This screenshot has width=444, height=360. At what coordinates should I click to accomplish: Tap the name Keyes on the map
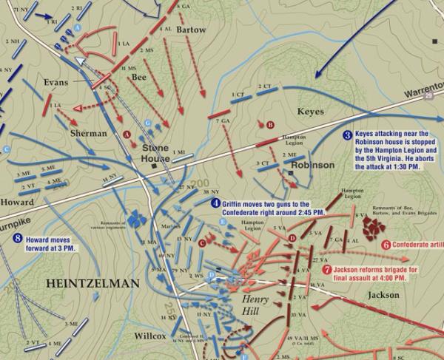[x=311, y=112]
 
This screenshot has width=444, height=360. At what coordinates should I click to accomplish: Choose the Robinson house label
[x=313, y=166]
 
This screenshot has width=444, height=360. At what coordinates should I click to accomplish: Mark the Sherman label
[x=88, y=133]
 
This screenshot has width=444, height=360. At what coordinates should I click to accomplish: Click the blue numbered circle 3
[x=348, y=135]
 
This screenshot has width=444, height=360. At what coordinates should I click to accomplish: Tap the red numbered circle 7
[x=327, y=270]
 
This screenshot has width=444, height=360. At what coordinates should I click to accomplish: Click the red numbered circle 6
[x=386, y=245]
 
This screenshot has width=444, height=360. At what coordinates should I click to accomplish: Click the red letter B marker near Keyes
[x=270, y=125]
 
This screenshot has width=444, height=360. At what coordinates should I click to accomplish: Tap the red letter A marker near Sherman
[x=127, y=135]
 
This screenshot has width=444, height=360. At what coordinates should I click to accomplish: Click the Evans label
[x=56, y=83]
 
